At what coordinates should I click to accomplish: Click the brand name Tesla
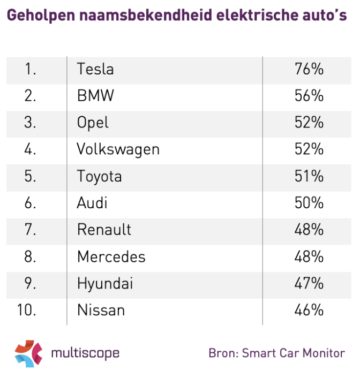click(95, 69)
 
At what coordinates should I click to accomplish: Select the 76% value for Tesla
click(309, 69)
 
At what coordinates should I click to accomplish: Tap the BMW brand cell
click(95, 96)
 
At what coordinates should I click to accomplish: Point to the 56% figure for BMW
click(309, 96)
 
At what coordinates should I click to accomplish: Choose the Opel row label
click(93, 123)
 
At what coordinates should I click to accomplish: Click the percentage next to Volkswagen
click(309, 149)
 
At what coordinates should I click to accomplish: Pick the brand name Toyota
click(99, 176)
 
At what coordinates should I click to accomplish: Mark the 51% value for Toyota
click(309, 176)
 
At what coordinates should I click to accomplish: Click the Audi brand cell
click(92, 203)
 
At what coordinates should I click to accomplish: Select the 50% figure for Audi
click(309, 203)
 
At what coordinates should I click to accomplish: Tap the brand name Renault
click(104, 230)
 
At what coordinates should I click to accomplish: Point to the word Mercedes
click(111, 256)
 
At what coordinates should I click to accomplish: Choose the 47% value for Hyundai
click(309, 283)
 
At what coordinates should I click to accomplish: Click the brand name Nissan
click(101, 310)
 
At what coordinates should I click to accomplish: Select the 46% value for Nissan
click(309, 310)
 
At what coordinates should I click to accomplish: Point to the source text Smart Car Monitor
click(294, 353)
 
